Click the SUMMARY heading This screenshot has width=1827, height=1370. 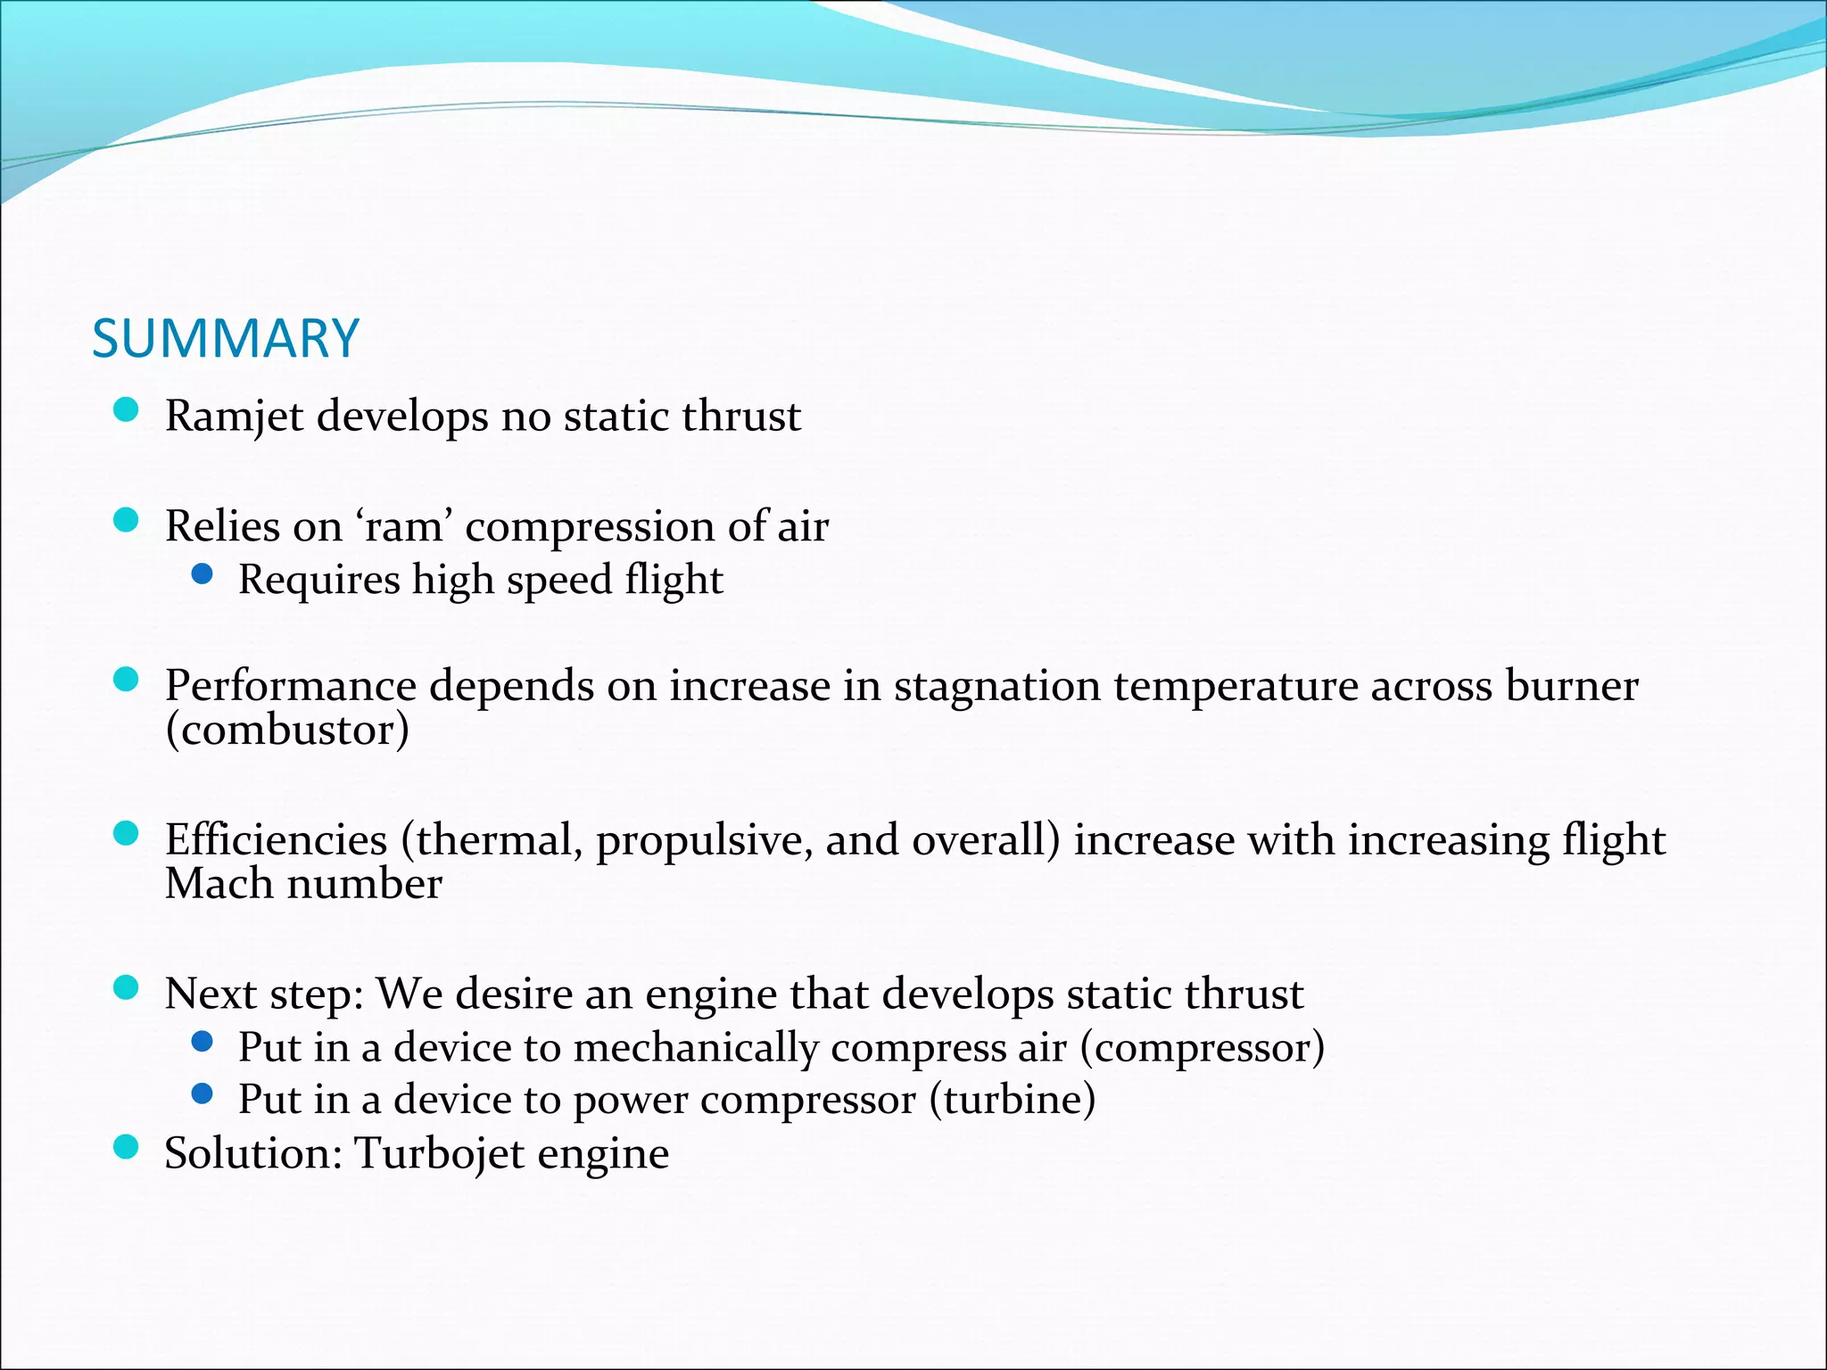225,339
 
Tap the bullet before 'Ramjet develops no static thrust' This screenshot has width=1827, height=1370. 127,410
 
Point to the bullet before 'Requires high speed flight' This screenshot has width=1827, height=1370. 203,574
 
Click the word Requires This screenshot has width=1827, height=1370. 319,581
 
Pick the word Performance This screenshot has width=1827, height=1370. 291,686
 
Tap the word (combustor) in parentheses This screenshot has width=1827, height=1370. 287,730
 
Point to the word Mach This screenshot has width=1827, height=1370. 219,884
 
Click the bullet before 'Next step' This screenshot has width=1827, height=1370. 127,987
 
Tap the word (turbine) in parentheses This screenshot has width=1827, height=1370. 1013,1100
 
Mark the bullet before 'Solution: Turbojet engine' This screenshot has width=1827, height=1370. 127,1147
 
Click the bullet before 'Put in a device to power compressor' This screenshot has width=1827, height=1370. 203,1094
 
